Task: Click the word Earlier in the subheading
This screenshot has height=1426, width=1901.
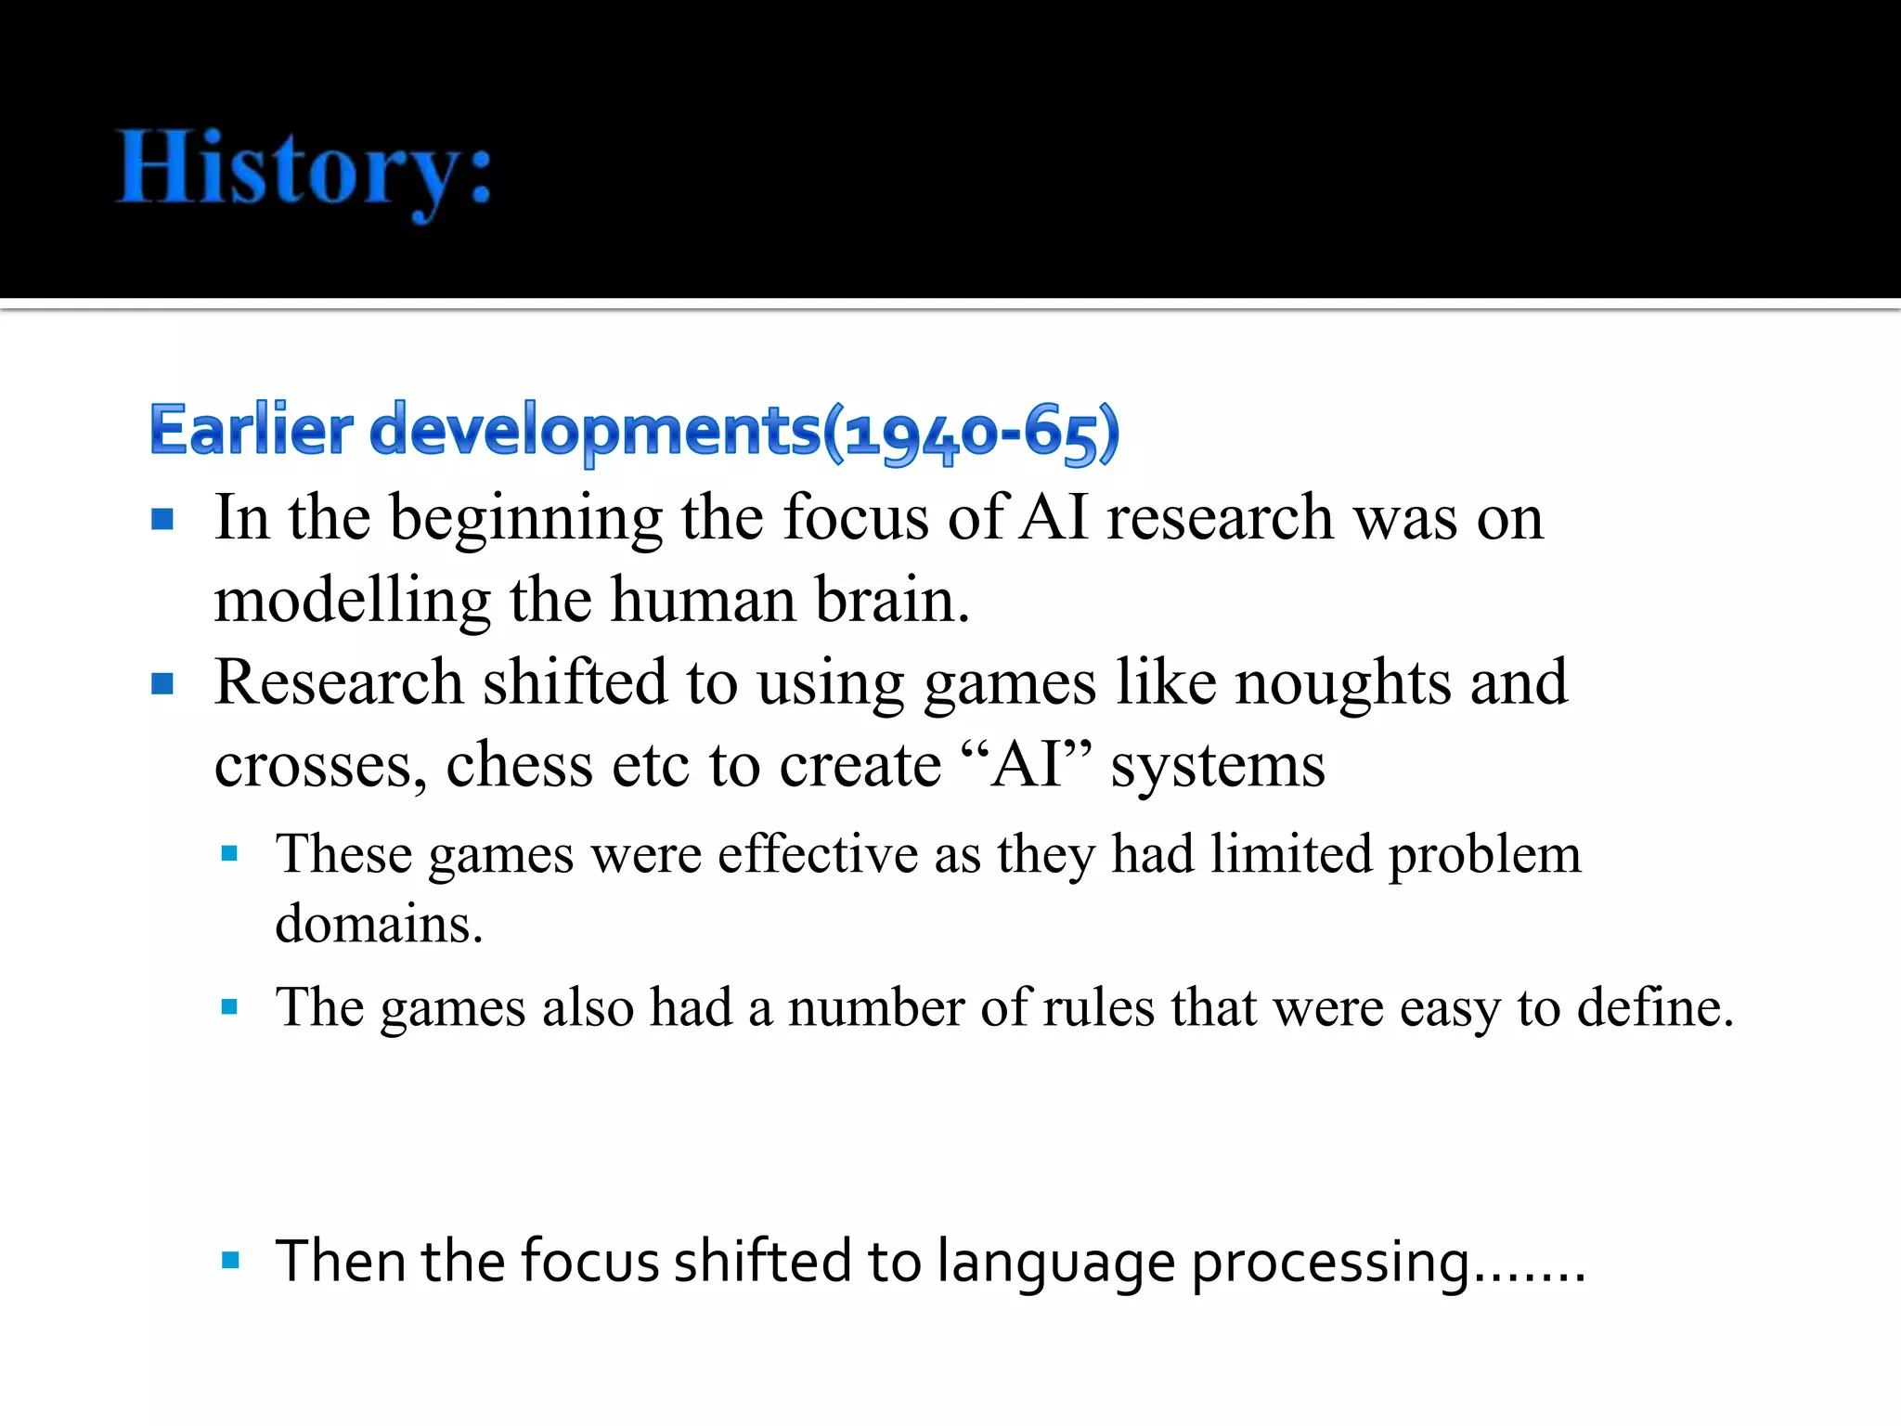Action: pyautogui.click(x=251, y=431)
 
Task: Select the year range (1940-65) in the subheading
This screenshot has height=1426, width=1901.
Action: pyautogui.click(x=972, y=433)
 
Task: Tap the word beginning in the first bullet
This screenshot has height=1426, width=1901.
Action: pyautogui.click(x=525, y=518)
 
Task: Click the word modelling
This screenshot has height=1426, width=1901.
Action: pyautogui.click(x=352, y=602)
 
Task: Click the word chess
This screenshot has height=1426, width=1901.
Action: pyautogui.click(x=519, y=765)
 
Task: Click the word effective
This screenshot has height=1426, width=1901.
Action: pyautogui.click(x=817, y=854)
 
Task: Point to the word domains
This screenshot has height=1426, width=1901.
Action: pyautogui.click(x=379, y=924)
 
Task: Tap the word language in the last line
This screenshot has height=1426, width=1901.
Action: pyautogui.click(x=1055, y=1264)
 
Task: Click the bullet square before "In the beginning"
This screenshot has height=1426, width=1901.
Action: pyautogui.click(x=162, y=518)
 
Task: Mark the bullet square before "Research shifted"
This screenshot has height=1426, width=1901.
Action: pyautogui.click(x=162, y=684)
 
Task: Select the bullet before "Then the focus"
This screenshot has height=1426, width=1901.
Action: pyautogui.click(x=231, y=1260)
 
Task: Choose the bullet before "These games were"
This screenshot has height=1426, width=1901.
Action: pyautogui.click(x=230, y=853)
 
